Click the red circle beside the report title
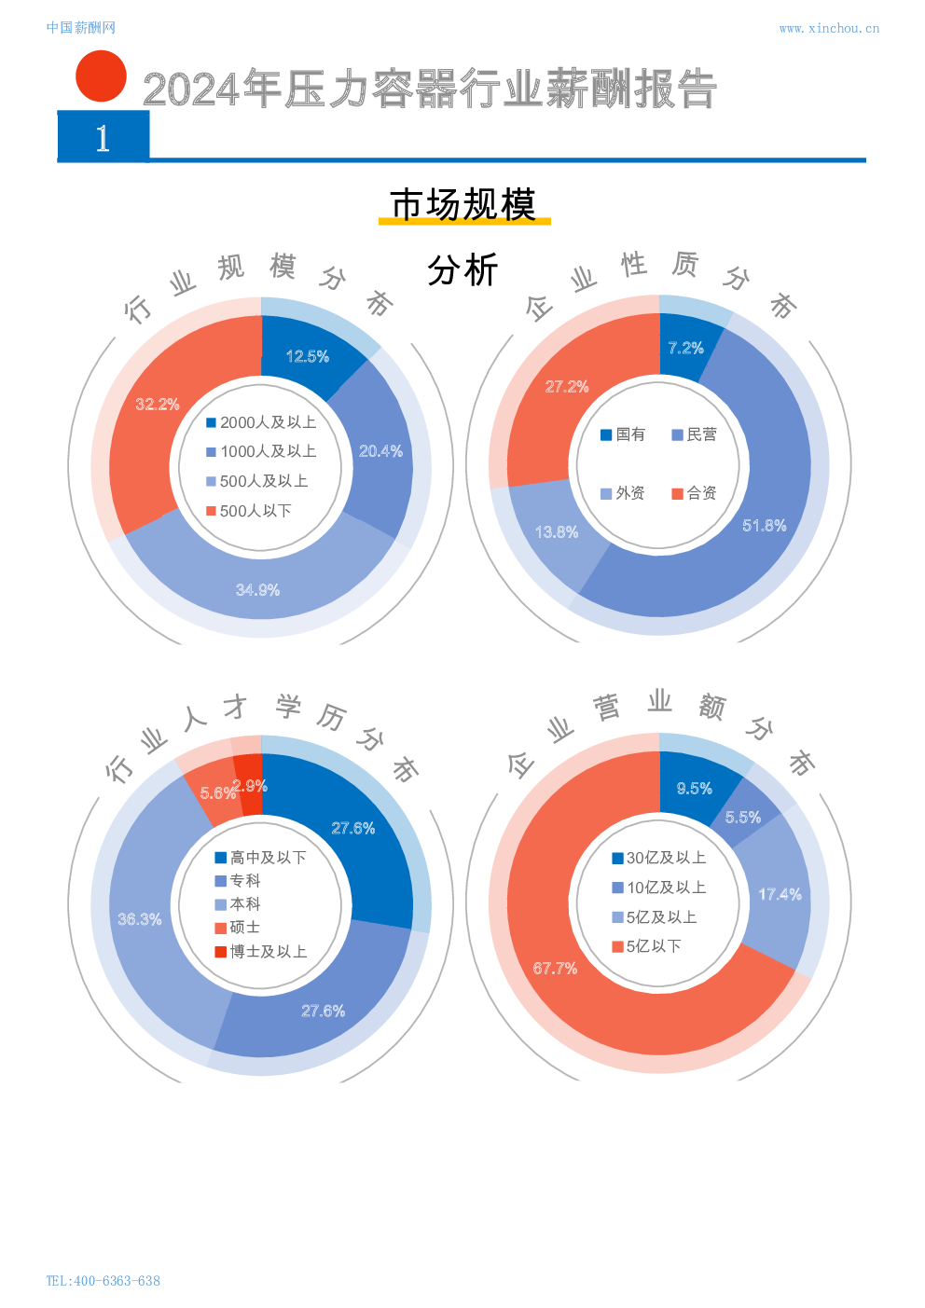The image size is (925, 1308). click(101, 76)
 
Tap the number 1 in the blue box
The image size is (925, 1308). click(103, 138)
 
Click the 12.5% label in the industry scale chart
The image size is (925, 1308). click(307, 356)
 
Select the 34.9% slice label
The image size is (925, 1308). click(257, 589)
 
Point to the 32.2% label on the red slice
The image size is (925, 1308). click(157, 404)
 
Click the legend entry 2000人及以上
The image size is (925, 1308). click(261, 422)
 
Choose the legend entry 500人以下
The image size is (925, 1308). click(249, 511)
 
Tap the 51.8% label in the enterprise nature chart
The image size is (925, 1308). click(764, 526)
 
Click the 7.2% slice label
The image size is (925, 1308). click(685, 348)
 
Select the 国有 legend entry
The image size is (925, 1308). click(623, 434)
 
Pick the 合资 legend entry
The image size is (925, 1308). click(695, 493)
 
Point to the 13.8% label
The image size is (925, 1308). click(556, 532)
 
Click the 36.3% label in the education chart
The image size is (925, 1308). click(139, 919)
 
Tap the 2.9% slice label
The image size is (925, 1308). click(250, 786)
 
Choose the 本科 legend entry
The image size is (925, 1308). click(238, 904)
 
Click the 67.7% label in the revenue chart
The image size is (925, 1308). click(555, 969)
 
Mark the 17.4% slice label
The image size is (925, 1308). click(780, 894)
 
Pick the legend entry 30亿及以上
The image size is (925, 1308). click(658, 858)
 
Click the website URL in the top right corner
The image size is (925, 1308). click(828, 28)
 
